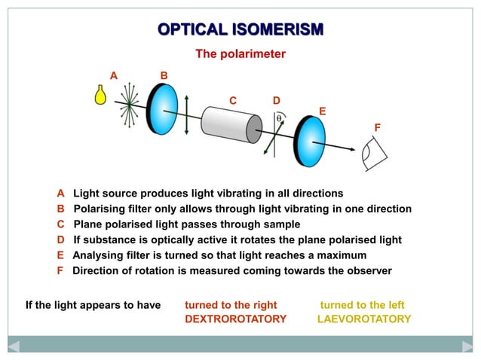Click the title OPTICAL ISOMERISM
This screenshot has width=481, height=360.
[240, 29]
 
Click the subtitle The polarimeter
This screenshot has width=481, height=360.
[240, 54]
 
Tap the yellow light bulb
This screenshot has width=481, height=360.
[99, 95]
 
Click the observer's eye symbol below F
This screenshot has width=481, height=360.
[375, 155]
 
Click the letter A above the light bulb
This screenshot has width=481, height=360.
[114, 75]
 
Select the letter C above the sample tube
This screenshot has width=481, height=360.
[233, 101]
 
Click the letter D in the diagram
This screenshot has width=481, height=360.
[277, 100]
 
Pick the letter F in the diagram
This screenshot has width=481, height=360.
[378, 127]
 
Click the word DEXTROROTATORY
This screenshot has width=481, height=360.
[235, 319]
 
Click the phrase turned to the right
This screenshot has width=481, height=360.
[231, 305]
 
